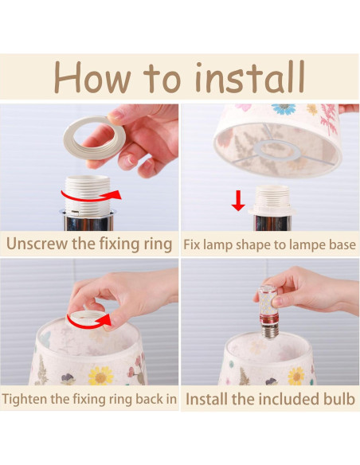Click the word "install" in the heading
point(250,76)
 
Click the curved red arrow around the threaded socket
point(91,197)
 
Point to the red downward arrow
point(238,201)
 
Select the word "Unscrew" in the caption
point(37,244)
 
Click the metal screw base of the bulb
point(270,331)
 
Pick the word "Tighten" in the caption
point(25,399)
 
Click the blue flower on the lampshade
point(284,108)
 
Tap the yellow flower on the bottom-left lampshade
point(101,376)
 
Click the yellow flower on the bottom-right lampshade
point(296,376)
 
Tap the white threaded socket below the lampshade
point(272,200)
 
